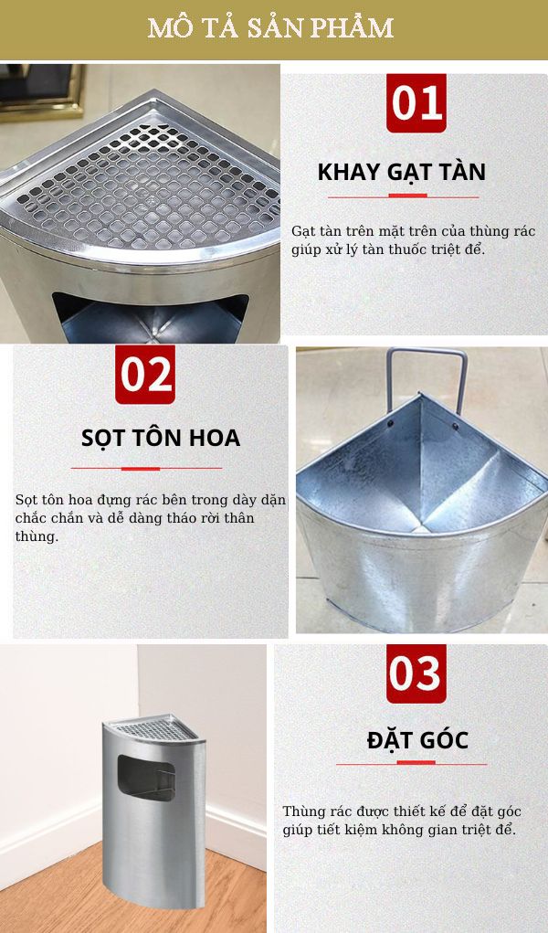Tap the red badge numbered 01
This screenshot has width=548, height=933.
tap(416, 102)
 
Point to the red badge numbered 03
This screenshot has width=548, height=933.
tap(416, 673)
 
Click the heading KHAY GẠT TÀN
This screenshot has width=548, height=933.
tap(401, 172)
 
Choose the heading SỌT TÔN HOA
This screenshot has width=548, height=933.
tap(160, 438)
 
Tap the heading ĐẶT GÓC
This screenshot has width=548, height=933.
tap(417, 739)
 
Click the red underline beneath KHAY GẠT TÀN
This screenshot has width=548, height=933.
tap(403, 196)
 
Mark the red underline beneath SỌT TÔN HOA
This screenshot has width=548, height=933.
tap(145, 469)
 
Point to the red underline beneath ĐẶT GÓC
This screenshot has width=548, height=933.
tap(412, 764)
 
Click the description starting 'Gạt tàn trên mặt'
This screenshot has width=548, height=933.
tap(413, 239)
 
